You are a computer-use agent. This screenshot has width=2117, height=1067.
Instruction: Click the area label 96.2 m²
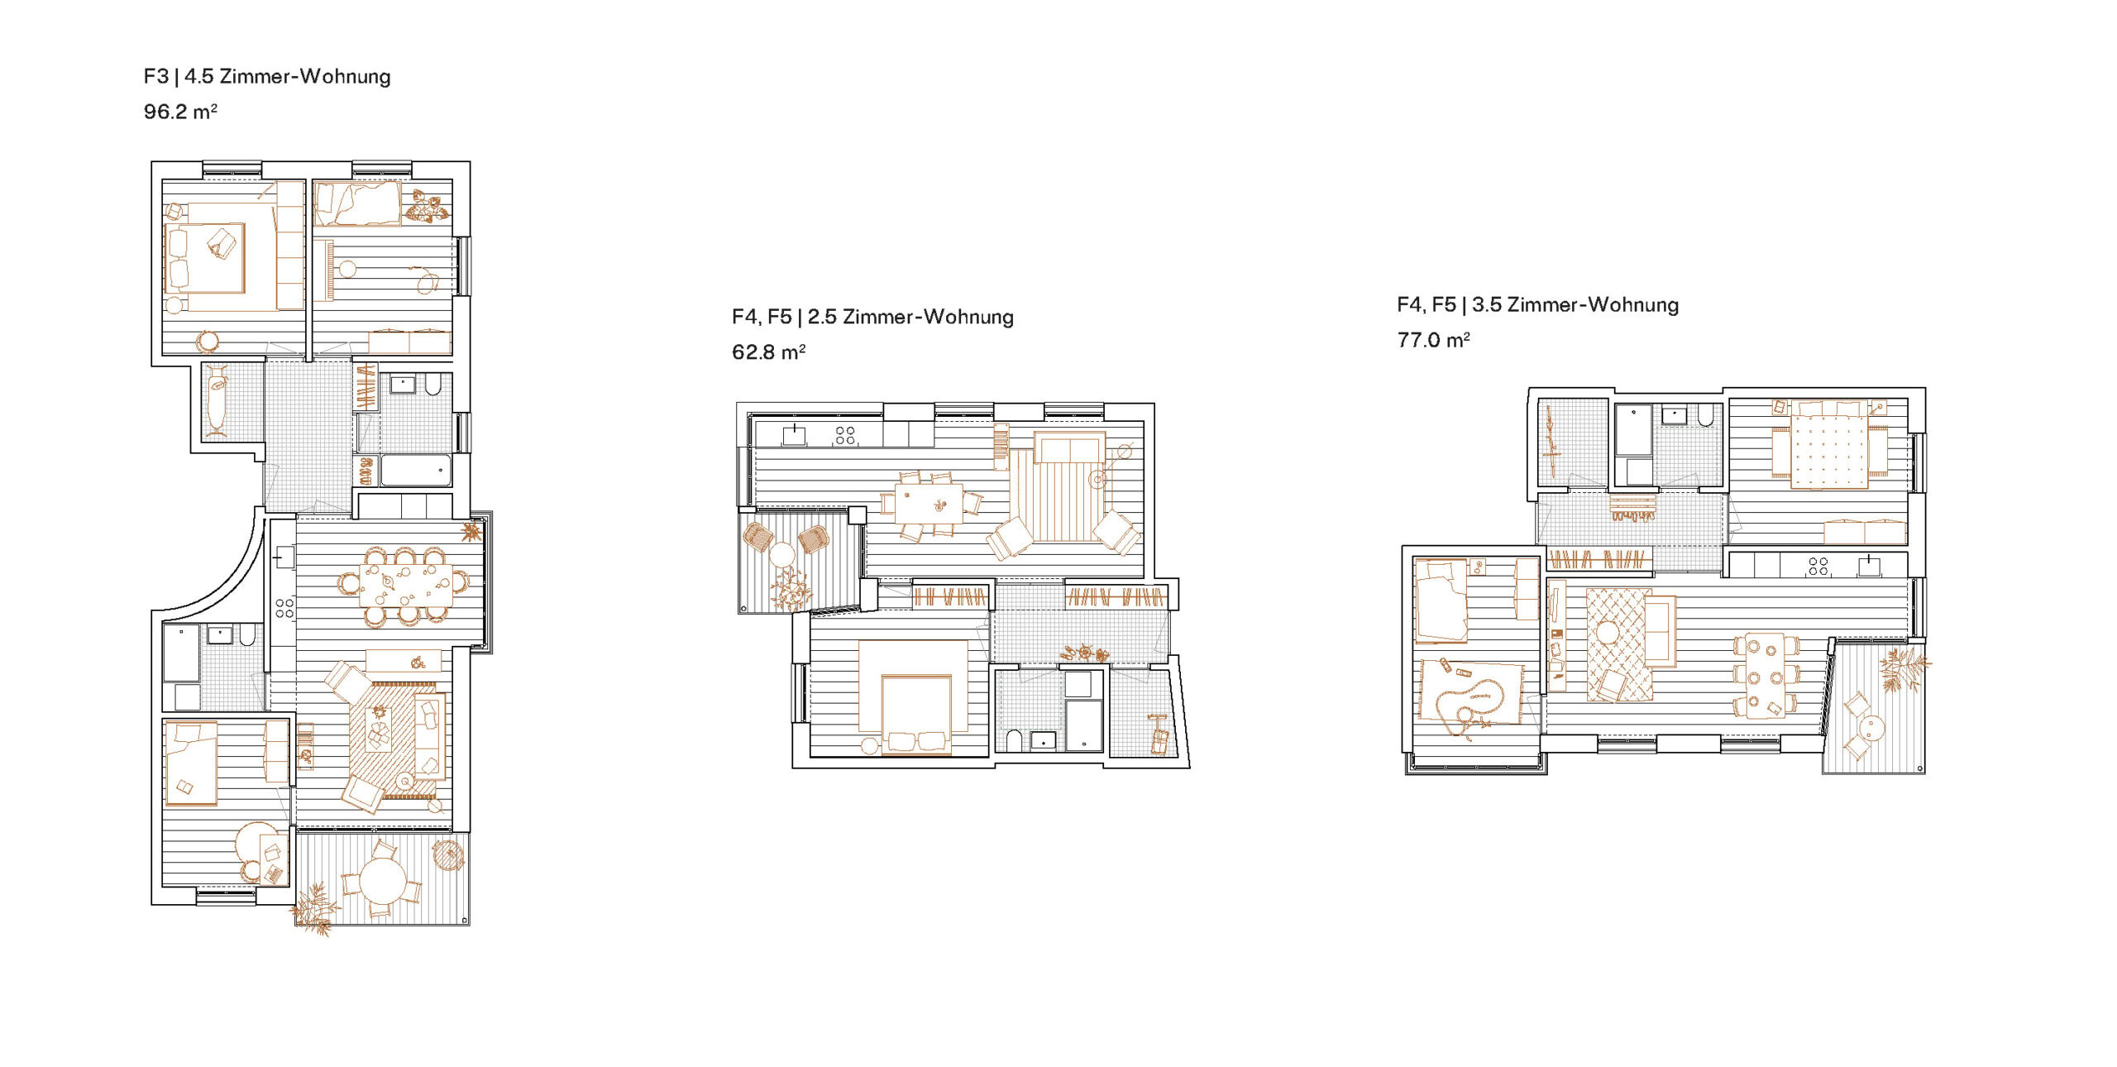click(x=180, y=111)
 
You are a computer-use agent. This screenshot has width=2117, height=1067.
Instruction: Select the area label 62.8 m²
click(x=768, y=352)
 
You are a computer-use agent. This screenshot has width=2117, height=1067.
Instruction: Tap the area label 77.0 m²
click(x=1433, y=339)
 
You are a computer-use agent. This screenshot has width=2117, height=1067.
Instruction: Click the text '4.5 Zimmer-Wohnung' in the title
click(x=287, y=76)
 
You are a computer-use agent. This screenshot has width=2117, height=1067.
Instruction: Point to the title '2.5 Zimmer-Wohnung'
click(x=910, y=317)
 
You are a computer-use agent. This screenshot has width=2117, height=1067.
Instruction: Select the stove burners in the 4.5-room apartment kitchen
click(x=284, y=608)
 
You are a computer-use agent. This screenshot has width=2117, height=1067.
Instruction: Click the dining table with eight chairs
click(x=405, y=585)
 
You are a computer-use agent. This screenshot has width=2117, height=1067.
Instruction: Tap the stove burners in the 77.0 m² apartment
click(x=1818, y=566)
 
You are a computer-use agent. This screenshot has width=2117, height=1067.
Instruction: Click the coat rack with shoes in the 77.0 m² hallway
click(x=1632, y=506)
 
